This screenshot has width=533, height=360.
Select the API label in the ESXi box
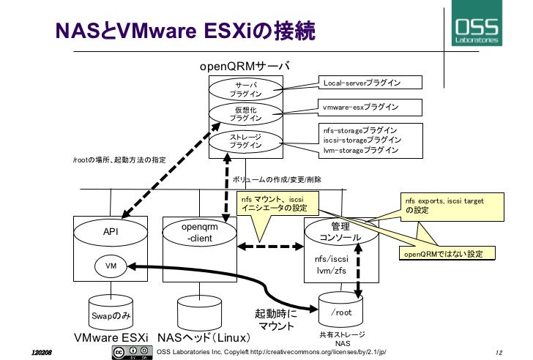point(111,232)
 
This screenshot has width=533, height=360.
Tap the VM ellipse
point(111,266)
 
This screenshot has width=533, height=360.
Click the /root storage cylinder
point(342,312)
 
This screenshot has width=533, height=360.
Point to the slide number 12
point(501,352)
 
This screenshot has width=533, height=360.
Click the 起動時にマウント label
point(276,318)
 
